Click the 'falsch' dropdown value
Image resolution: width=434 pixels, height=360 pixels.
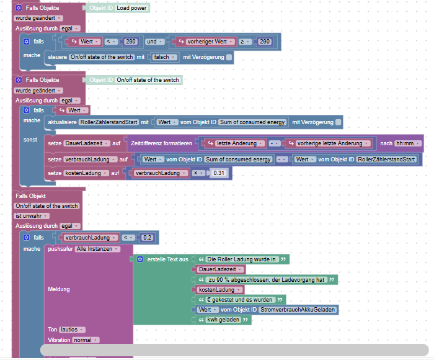tap(162, 57)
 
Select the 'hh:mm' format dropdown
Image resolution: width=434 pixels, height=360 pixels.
tap(409, 143)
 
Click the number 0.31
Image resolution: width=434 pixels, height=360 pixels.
tap(218, 173)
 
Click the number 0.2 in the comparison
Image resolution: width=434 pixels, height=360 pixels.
tap(148, 238)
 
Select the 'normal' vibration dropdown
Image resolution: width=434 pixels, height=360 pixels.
tap(84, 340)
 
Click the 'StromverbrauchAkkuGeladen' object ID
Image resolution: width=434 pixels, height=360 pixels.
tap(298, 309)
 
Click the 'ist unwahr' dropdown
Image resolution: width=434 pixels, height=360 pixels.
tap(32, 216)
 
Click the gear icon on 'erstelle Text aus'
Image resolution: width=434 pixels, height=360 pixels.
tap(140, 259)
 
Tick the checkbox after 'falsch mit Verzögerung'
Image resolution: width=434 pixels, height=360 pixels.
tap(229, 57)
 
